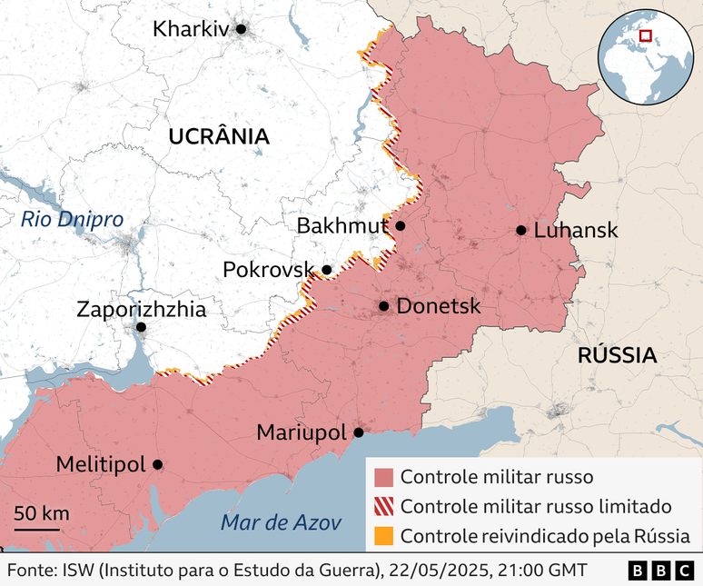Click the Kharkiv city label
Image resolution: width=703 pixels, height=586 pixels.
(190, 29)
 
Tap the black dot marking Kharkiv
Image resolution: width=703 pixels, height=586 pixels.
(241, 29)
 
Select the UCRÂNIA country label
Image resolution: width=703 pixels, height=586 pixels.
(219, 137)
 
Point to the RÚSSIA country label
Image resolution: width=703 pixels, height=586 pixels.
(617, 356)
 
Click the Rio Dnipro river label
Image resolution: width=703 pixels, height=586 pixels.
(72, 219)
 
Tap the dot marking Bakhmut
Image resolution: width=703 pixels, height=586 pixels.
(400, 225)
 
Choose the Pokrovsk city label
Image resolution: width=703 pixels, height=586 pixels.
(269, 270)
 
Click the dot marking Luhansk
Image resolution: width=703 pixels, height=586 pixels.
(520, 231)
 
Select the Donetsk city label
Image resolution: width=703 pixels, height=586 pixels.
(439, 307)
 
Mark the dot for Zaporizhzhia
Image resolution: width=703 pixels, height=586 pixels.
(141, 327)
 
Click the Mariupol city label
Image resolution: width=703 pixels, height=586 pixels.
(302, 433)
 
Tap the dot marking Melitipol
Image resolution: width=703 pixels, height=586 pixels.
(157, 464)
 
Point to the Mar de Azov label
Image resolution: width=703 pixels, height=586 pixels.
(282, 522)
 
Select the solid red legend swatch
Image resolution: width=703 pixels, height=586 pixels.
(384, 477)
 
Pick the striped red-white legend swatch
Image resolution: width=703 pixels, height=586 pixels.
(384, 506)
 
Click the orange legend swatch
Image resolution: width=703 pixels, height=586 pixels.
(384, 535)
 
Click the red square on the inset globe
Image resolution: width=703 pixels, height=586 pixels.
(646, 35)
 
